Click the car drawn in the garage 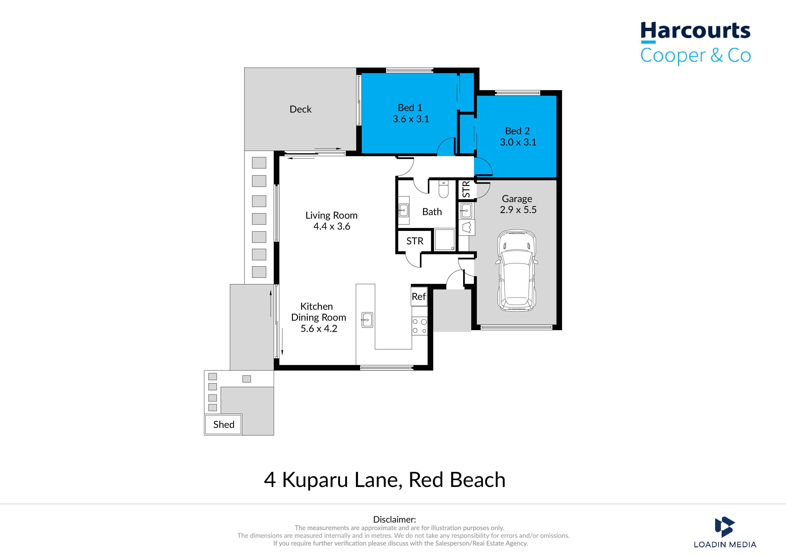(x=517, y=270)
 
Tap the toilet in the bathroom (x=443, y=189)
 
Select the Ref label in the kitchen (x=419, y=297)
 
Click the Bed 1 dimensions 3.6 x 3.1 (x=411, y=119)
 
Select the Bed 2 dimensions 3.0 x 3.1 (x=518, y=142)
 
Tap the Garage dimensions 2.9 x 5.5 (x=518, y=210)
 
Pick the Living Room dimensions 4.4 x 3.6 (x=332, y=226)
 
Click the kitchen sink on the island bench (x=367, y=320)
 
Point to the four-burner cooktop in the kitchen (x=419, y=326)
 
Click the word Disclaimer (x=394, y=519)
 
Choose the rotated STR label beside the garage (x=466, y=189)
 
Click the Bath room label (x=432, y=212)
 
